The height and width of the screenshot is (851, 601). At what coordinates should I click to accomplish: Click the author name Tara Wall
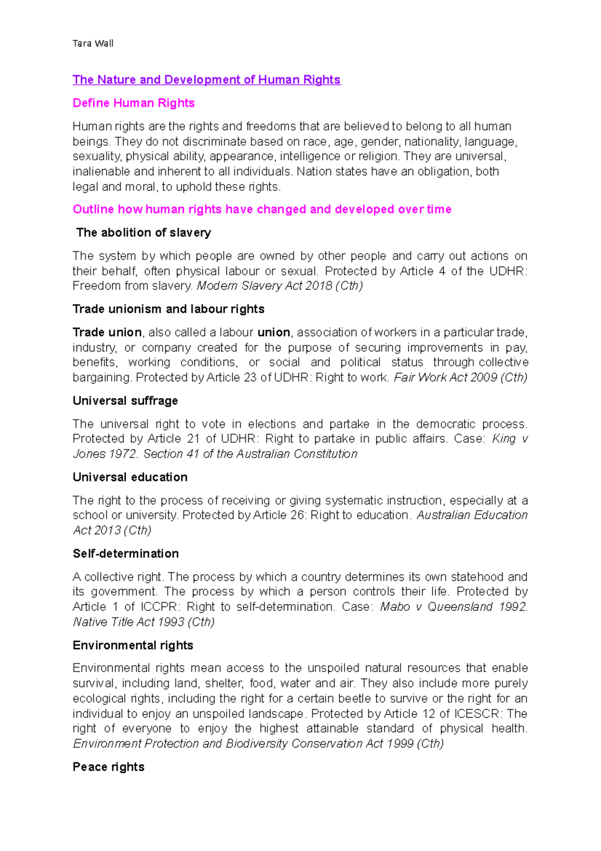[93, 44]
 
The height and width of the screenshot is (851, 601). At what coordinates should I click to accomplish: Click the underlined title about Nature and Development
[206, 80]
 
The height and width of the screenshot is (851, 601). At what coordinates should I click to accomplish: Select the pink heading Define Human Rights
[133, 103]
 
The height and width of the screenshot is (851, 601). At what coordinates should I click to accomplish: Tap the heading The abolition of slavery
[143, 233]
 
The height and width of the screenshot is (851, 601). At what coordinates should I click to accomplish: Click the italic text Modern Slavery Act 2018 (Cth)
[279, 286]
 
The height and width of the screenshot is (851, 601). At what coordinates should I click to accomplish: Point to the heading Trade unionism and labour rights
[168, 309]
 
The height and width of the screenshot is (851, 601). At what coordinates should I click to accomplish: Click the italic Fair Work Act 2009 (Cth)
[460, 378]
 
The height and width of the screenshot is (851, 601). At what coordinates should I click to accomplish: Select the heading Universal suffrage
[125, 401]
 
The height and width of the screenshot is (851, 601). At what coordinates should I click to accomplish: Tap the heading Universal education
[130, 477]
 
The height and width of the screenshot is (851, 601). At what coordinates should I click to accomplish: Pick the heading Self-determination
[125, 554]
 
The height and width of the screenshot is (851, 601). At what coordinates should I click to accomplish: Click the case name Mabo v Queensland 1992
[453, 607]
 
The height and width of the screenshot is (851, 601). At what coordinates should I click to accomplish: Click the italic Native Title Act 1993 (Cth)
[144, 622]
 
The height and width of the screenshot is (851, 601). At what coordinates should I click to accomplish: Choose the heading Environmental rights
[133, 646]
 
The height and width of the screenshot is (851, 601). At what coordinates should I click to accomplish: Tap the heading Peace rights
[108, 767]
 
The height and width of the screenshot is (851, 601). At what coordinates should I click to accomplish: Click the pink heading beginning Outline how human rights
[262, 209]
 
